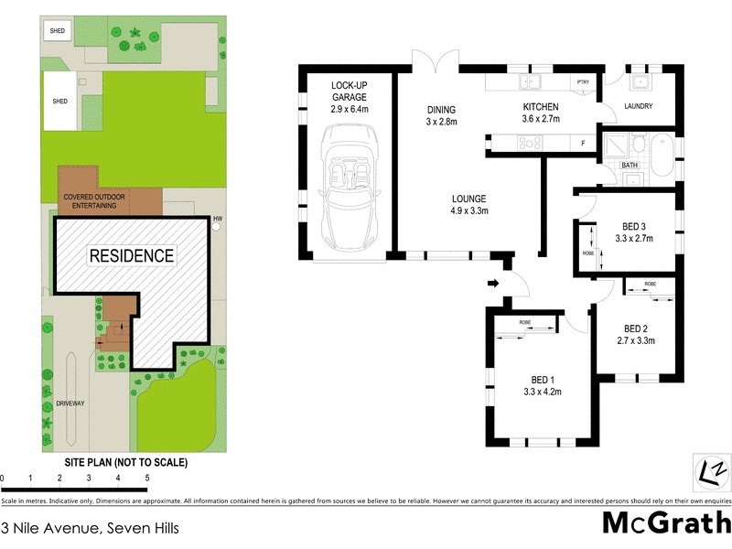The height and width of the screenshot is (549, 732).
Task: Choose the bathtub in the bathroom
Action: click(x=661, y=155)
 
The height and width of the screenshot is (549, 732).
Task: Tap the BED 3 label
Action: click(x=632, y=232)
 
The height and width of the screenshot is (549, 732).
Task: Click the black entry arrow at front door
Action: click(x=493, y=284)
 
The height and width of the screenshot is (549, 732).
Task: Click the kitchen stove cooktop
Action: click(x=531, y=143)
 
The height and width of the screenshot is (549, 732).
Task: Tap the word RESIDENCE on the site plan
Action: click(x=131, y=256)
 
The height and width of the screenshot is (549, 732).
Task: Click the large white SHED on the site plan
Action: click(x=59, y=102)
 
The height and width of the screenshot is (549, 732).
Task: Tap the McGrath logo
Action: click(x=665, y=522)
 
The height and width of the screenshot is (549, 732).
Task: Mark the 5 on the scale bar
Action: click(x=146, y=478)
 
